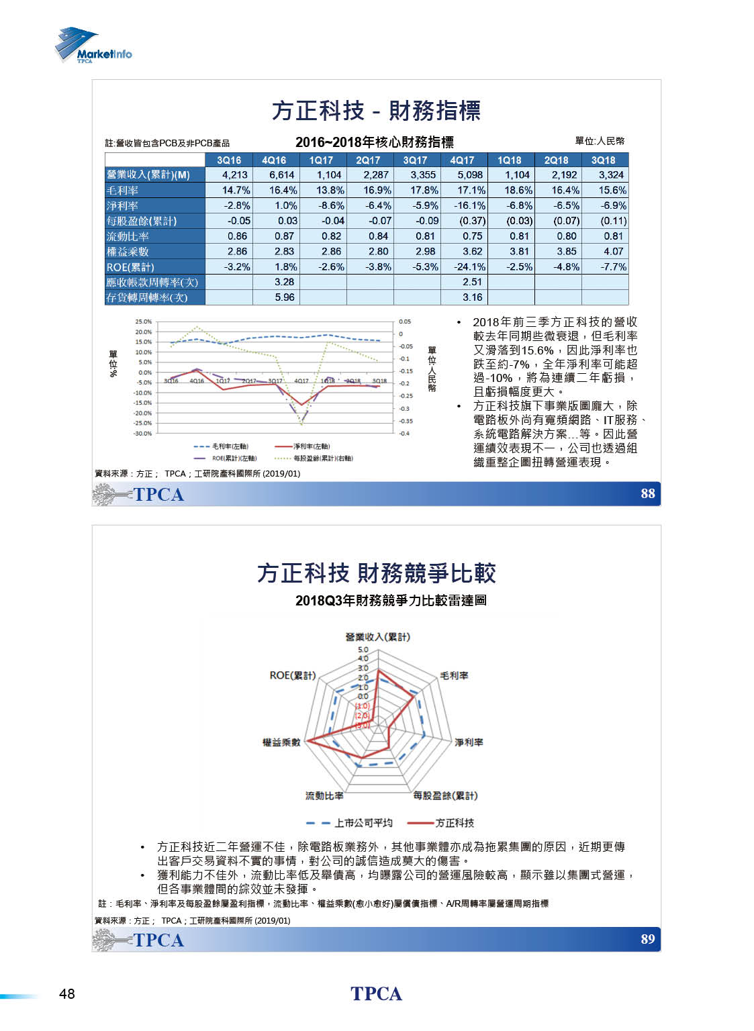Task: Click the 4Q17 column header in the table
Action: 462,160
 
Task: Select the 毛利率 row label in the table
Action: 122,191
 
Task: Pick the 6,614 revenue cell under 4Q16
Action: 282,175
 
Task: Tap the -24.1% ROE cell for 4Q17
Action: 469,267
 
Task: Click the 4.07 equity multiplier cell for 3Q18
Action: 613,252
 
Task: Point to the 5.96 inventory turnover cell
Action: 285,297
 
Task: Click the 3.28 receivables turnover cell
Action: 285,282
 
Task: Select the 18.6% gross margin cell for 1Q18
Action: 518,191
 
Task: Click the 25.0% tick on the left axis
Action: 143,322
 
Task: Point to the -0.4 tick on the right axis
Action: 404,434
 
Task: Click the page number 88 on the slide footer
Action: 647,494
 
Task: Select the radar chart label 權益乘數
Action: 281,742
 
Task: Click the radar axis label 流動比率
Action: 324,796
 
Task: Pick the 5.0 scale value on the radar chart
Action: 363,650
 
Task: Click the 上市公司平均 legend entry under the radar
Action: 363,823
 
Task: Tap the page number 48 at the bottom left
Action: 67,994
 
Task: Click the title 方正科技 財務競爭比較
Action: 376,574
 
